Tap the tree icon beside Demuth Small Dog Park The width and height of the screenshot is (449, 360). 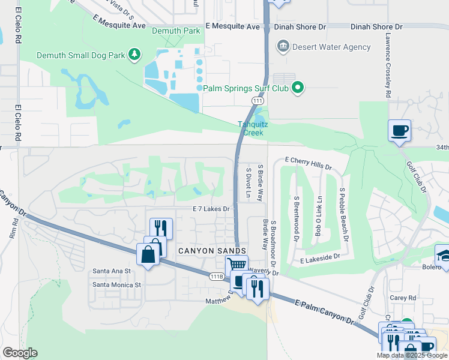click(x=135, y=55)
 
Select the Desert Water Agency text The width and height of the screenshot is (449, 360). click(x=324, y=46)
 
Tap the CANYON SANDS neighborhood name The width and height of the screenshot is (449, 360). click(x=211, y=251)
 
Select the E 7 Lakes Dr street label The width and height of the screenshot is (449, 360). click(x=211, y=209)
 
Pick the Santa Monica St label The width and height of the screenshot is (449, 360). click(x=116, y=285)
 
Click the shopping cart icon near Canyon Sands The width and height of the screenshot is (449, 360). click(x=237, y=265)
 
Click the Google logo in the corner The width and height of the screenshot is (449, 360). click(x=19, y=353)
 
